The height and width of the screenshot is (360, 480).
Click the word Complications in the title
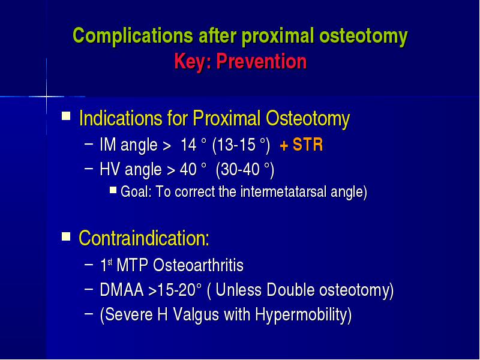133,37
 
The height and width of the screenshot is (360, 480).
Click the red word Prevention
262,61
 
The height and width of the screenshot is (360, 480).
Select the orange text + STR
301,145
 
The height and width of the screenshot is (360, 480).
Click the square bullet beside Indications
66,116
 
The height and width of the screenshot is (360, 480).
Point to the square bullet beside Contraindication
66,236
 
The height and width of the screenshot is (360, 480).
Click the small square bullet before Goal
113,190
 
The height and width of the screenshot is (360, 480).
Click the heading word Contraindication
144,238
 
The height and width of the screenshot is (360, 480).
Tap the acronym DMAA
122,290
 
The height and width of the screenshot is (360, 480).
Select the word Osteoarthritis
198,265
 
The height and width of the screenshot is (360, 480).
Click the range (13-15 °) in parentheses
241,145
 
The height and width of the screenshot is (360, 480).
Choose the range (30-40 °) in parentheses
245,170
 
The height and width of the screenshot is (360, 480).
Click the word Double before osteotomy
290,290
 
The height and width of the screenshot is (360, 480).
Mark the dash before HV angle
88,168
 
